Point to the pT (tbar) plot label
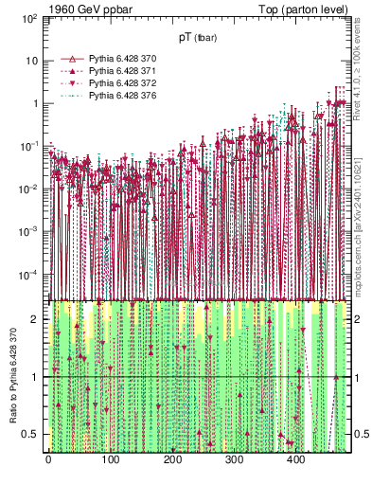pos(197,38)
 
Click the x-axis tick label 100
pos(110,460)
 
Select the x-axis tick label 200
pos(172,460)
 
